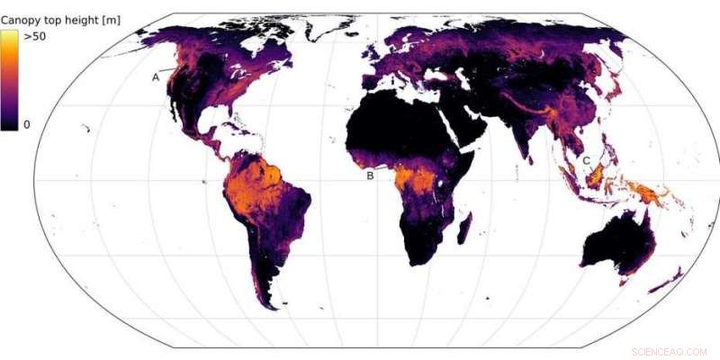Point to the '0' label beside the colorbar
[x=27, y=124]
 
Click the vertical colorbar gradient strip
[x=10, y=80]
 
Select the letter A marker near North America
[x=156, y=77]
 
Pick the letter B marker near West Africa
[x=369, y=175]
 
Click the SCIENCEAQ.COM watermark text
[x=669, y=351]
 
